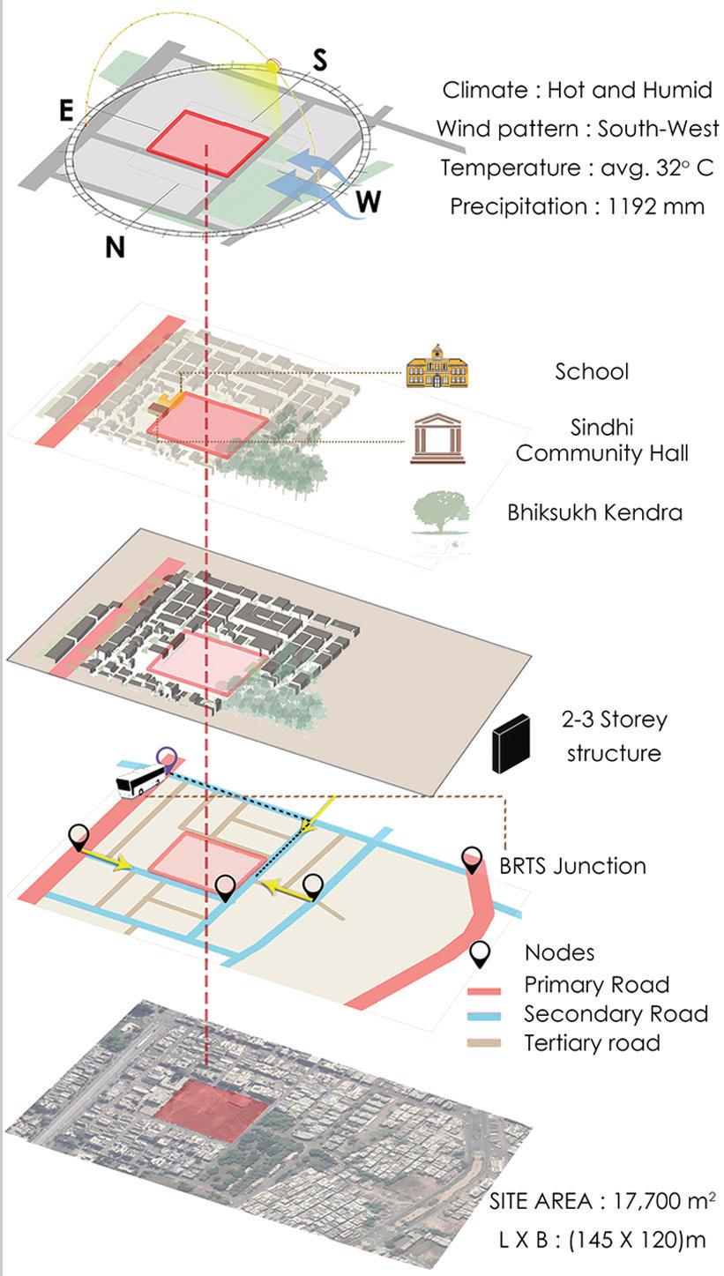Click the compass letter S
[319, 60]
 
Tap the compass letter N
[115, 248]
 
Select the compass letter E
[66, 111]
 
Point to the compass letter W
[369, 203]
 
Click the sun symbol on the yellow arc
[273, 65]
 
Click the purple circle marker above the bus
[166, 757]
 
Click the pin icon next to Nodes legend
[481, 954]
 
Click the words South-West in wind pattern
[657, 129]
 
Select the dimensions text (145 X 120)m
[637, 1239]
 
